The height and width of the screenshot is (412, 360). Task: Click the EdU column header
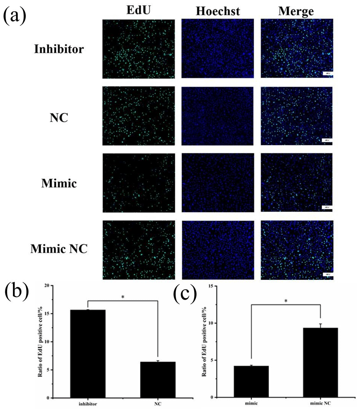(138, 11)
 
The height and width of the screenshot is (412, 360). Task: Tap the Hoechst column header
(218, 11)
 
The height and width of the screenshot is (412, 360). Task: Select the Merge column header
(296, 11)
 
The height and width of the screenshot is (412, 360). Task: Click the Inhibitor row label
(58, 49)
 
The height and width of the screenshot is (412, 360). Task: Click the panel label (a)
(15, 16)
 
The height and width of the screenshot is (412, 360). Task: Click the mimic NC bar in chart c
(321, 362)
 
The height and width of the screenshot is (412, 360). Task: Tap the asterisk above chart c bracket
(285, 301)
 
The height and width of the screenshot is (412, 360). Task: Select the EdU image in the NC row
(138, 116)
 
